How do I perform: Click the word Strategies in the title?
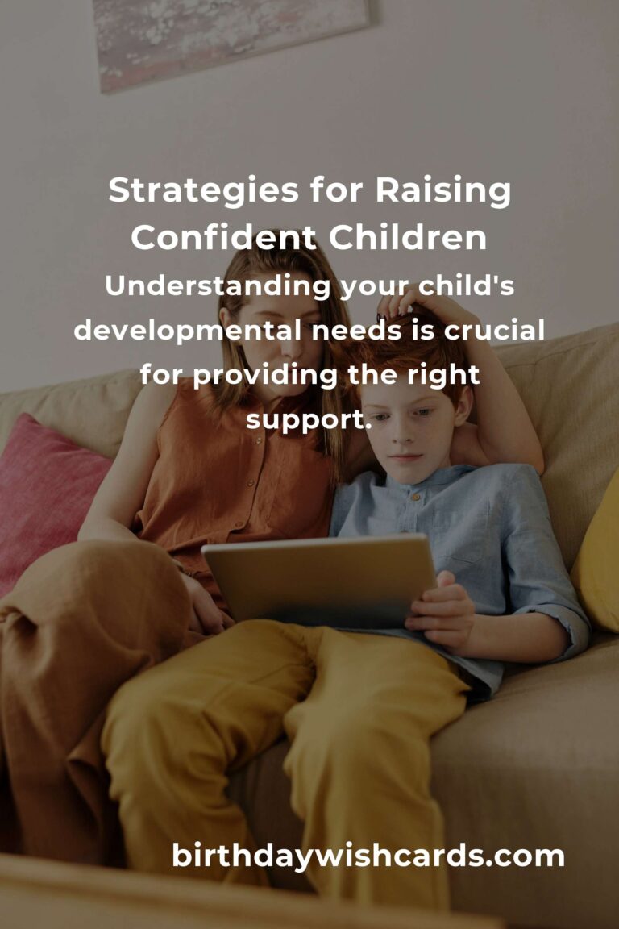[202, 192]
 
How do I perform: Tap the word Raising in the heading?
[442, 192]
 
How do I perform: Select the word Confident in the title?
[223, 237]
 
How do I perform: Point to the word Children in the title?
[408, 237]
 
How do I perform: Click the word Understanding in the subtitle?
[218, 287]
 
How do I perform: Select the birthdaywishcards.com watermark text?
[368, 856]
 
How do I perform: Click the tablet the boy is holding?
[320, 581]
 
